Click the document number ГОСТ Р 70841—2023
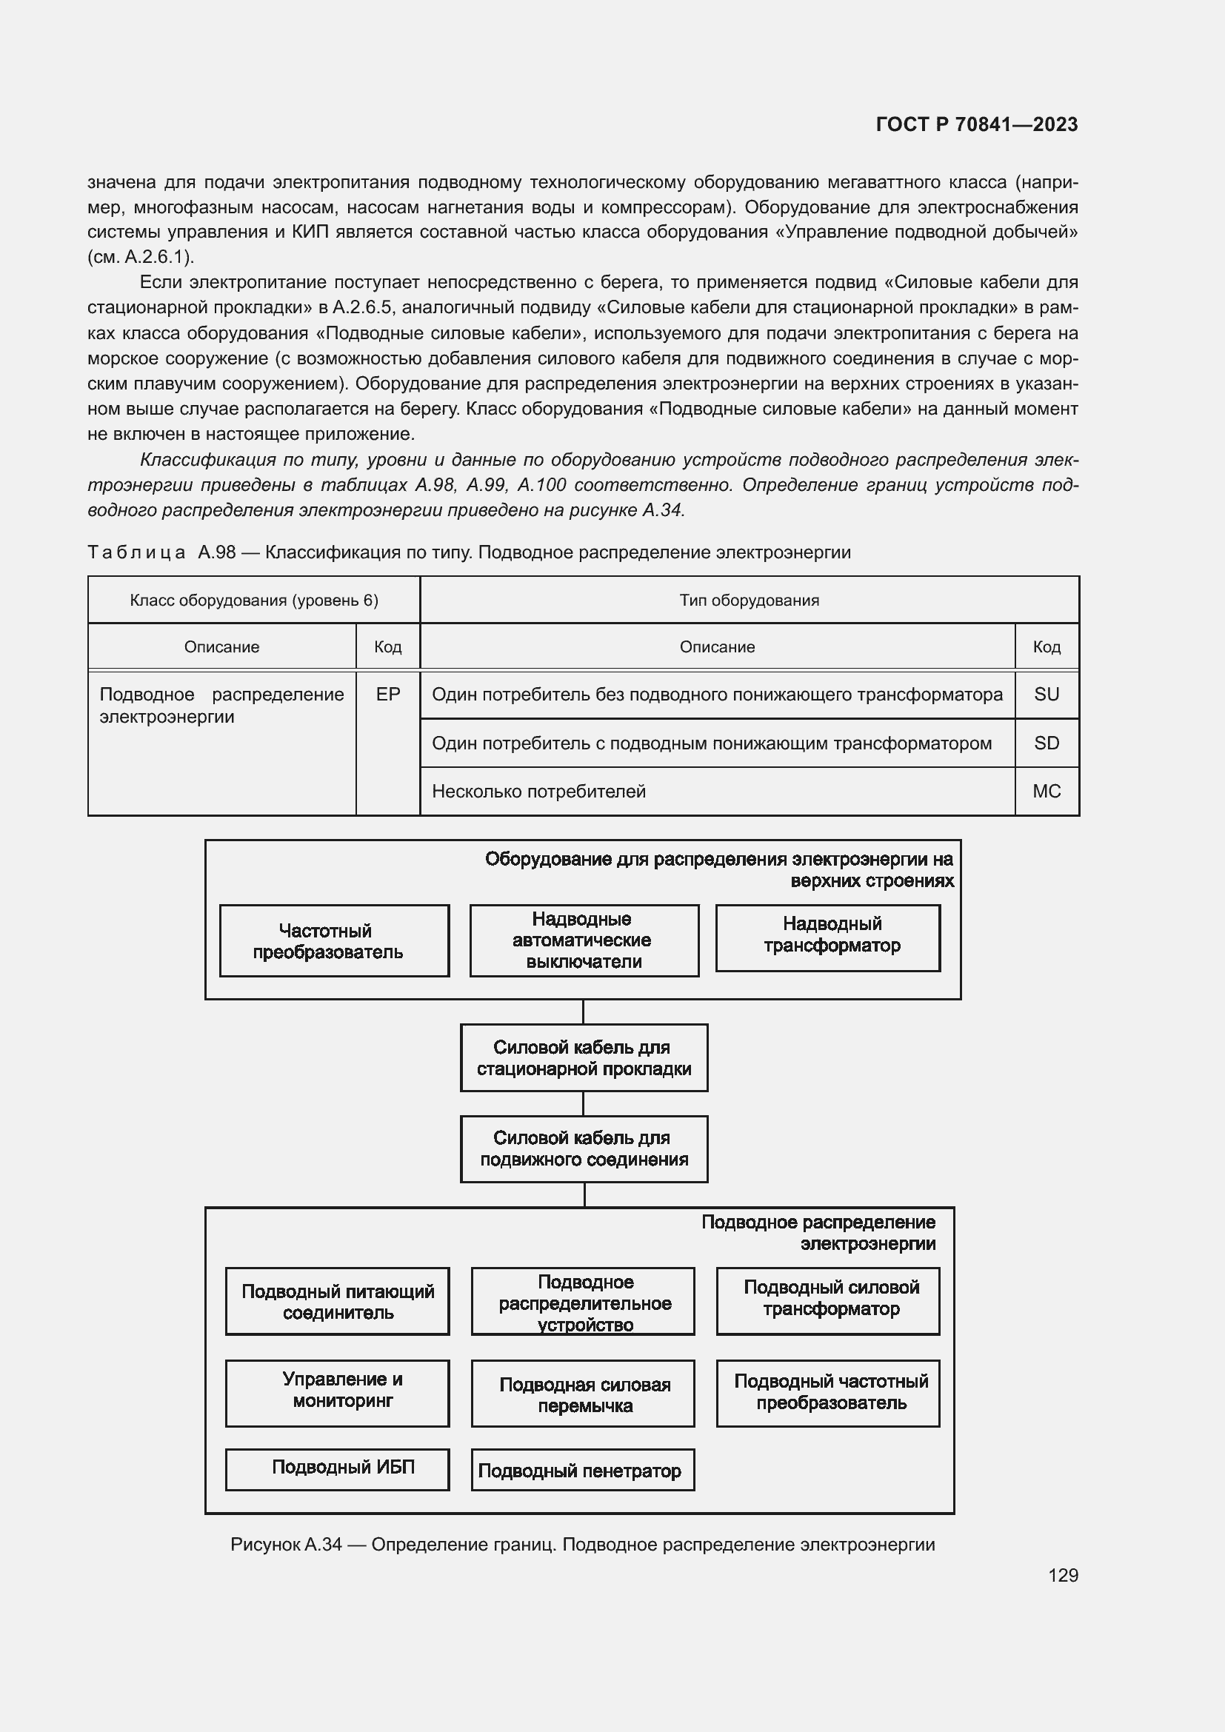click(x=977, y=124)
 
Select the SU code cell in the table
click(x=1047, y=694)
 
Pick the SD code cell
click(x=1047, y=743)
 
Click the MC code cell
click(x=1047, y=792)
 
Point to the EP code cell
click(x=387, y=694)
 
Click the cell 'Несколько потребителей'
click(x=538, y=792)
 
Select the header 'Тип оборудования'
click(x=748, y=601)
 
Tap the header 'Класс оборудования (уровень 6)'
click(x=253, y=601)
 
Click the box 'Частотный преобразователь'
click(x=334, y=940)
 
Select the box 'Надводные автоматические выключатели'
click(x=584, y=940)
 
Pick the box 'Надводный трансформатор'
click(x=827, y=937)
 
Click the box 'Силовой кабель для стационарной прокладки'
click(x=584, y=1057)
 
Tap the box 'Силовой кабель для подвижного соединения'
click(x=584, y=1148)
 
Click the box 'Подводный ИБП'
click(x=337, y=1466)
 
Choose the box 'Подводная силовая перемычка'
click(x=582, y=1394)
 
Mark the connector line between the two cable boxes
click(x=583, y=1103)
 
